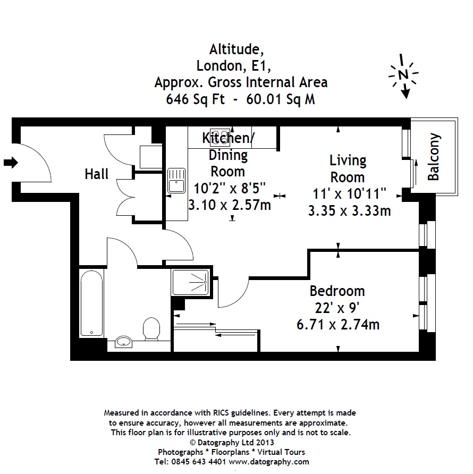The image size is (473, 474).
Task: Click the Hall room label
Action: tap(97, 174)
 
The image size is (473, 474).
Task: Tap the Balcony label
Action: tap(434, 157)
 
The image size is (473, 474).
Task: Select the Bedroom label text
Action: tap(337, 291)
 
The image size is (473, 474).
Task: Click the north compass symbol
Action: tap(403, 75)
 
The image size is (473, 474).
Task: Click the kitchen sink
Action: tap(176, 180)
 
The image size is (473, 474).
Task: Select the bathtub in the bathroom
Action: tap(92, 303)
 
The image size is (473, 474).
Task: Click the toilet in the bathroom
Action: tap(151, 328)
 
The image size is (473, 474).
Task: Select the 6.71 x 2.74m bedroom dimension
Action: tap(337, 324)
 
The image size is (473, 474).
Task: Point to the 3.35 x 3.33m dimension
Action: tap(349, 210)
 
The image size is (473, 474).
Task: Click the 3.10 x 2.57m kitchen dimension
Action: tap(230, 205)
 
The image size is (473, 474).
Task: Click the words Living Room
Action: tap(348, 168)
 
